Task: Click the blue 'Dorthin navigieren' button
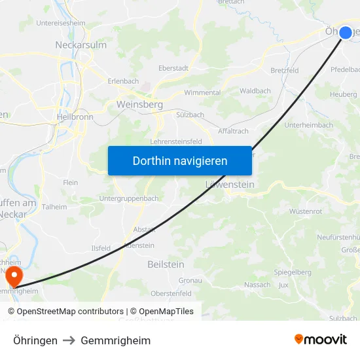pyautogui.click(x=180, y=160)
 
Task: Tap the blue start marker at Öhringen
pyautogui.click(x=346, y=32)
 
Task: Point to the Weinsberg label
pyautogui.click(x=139, y=105)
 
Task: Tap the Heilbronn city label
pyautogui.click(x=75, y=117)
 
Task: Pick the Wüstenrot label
pyautogui.click(x=306, y=211)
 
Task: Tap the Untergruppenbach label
pyautogui.click(x=129, y=198)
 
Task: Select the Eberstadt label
pyautogui.click(x=173, y=67)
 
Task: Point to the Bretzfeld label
pyautogui.click(x=285, y=69)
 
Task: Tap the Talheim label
pyautogui.click(x=54, y=207)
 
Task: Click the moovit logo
pyautogui.click(x=321, y=339)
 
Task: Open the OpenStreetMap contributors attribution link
pyautogui.click(x=70, y=312)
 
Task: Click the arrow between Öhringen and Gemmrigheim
pyautogui.click(x=69, y=340)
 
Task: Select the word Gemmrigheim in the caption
pyautogui.click(x=116, y=340)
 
